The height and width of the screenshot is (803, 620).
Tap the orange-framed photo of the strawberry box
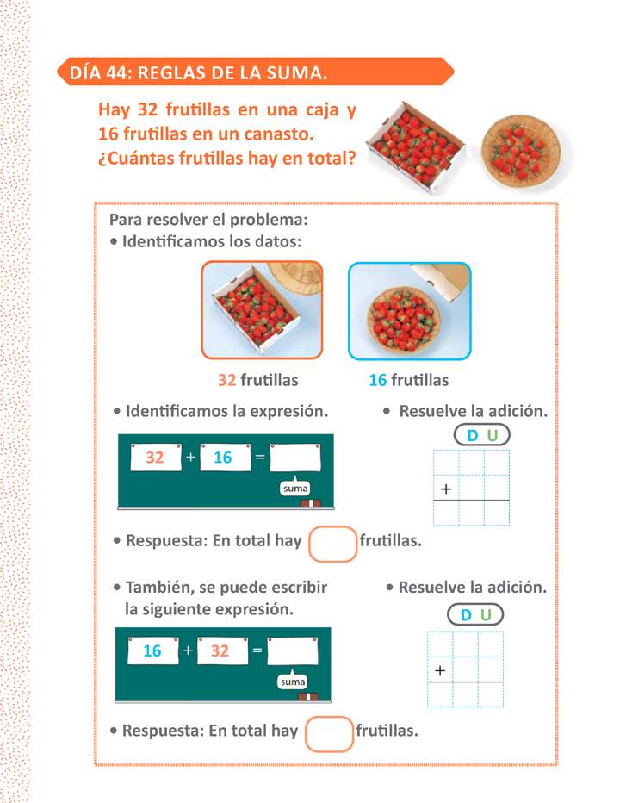pyautogui.click(x=262, y=309)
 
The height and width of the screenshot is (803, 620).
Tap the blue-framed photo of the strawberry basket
pyautogui.click(x=410, y=310)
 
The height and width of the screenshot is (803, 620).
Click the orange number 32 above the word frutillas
pyautogui.click(x=227, y=380)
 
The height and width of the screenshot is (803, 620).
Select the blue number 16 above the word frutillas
pyautogui.click(x=378, y=380)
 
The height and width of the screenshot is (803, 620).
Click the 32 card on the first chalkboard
pyautogui.click(x=155, y=458)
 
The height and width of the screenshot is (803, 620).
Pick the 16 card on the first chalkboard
pyautogui.click(x=223, y=458)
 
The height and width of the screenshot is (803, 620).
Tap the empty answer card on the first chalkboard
pyautogui.click(x=295, y=458)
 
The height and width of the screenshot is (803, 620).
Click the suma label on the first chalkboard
pyautogui.click(x=295, y=489)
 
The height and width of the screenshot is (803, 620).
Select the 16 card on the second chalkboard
pyautogui.click(x=152, y=651)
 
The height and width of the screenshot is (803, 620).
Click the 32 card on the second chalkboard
pyautogui.click(x=220, y=651)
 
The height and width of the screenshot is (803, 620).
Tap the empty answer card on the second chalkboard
pyautogui.click(x=293, y=651)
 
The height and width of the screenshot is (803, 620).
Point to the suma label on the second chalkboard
pyautogui.click(x=293, y=682)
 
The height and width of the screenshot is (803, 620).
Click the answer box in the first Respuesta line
pyautogui.click(x=332, y=544)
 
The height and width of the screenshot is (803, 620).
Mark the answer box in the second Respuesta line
pyautogui.click(x=329, y=733)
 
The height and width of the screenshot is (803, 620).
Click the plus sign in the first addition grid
pyautogui.click(x=446, y=489)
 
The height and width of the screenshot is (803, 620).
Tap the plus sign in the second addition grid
pyautogui.click(x=440, y=670)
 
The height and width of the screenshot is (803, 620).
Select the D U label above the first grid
pyautogui.click(x=480, y=435)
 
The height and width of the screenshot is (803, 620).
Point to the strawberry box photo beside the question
pyautogui.click(x=413, y=138)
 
